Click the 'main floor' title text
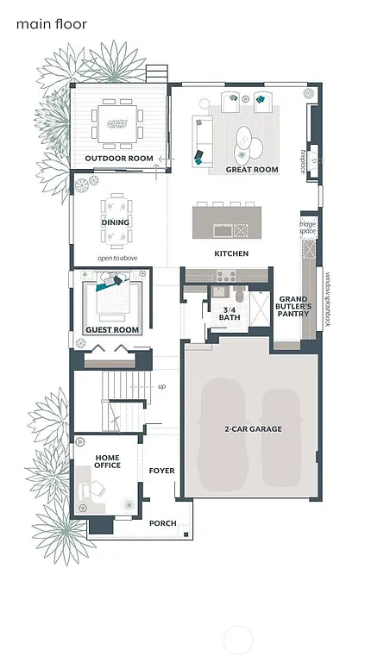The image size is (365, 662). coord(51,24)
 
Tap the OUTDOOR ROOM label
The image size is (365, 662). coord(119,159)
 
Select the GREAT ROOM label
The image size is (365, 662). coord(252,170)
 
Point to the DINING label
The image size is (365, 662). coord(116,222)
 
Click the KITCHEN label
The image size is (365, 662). coord(231,253)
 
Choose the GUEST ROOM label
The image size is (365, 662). coord(112,330)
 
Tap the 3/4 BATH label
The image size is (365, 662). coord(229,314)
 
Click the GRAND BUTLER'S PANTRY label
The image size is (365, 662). coord(293,306)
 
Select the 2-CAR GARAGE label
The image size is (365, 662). coord(253,428)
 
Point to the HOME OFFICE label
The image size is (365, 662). coord(108,462)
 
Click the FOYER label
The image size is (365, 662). coord(161,471)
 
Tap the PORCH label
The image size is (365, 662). coord(163,523)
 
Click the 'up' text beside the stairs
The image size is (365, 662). coord(161,386)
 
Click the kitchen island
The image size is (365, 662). coord(221,220)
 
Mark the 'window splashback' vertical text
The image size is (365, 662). coord(328,298)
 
